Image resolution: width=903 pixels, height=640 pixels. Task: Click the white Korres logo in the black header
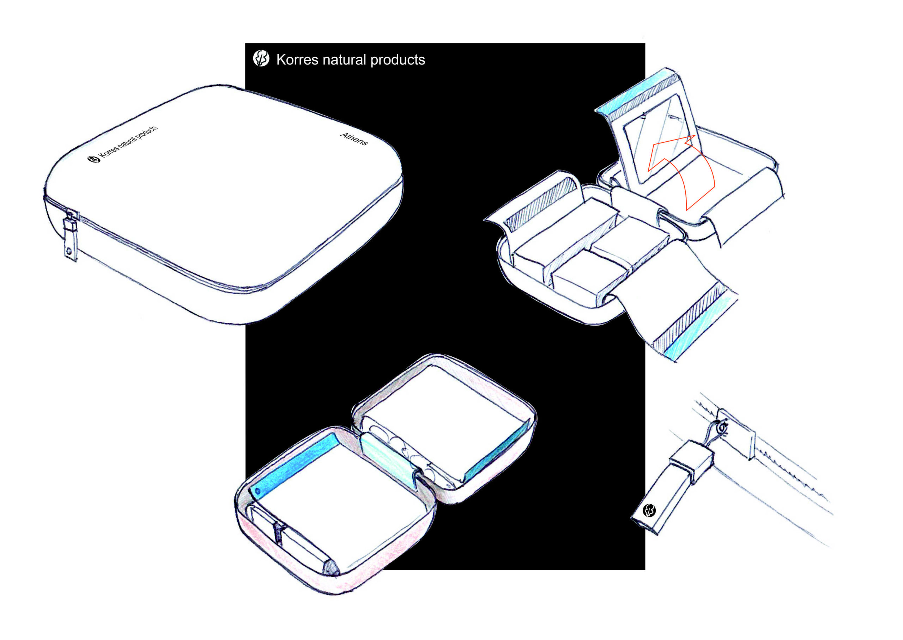[x=261, y=58]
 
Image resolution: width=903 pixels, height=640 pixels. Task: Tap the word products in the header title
[x=398, y=60]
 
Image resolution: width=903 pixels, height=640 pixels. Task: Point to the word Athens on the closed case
[x=354, y=139]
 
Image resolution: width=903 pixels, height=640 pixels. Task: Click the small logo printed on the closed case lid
[x=94, y=159]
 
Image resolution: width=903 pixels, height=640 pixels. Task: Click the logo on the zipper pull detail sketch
[x=649, y=510]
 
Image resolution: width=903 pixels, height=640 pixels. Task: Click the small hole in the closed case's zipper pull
[x=69, y=251]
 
